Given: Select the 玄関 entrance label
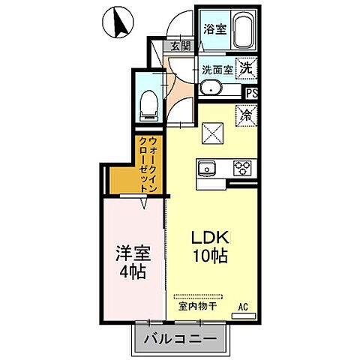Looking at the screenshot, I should click(181, 46).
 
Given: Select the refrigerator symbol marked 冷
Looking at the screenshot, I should click(246, 115).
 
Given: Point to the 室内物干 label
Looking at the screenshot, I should click(197, 307).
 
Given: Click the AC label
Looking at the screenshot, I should click(243, 307).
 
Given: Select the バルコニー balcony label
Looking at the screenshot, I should click(180, 338).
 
